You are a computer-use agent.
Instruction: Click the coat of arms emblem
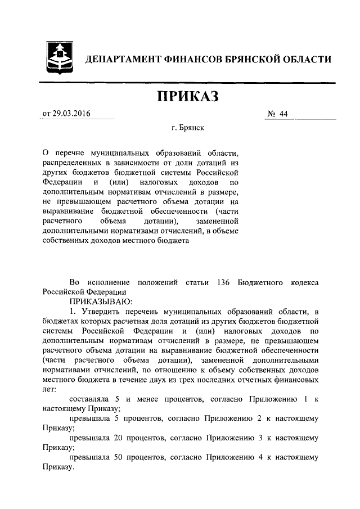coord(58,58)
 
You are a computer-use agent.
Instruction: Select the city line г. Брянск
coord(188,128)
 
